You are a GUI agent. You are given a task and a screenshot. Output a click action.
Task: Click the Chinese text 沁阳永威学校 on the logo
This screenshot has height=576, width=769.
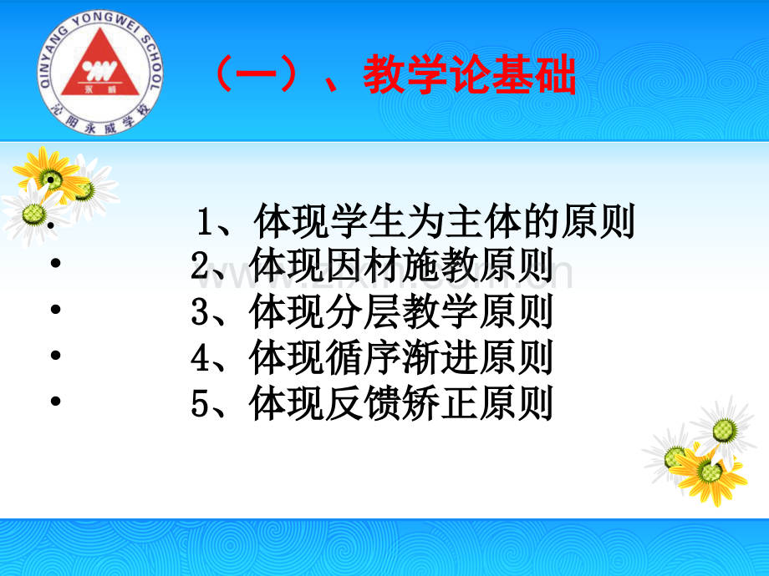pyautogui.click(x=100, y=121)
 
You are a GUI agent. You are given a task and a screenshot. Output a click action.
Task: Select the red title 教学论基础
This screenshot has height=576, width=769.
pyautogui.click(x=469, y=74)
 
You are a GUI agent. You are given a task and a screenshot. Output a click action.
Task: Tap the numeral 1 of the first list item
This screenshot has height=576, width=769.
pyautogui.click(x=205, y=222)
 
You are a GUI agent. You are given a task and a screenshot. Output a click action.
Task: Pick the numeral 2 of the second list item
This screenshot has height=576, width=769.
pyautogui.click(x=200, y=266)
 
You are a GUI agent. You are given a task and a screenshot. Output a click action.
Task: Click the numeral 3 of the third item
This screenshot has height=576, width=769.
pyautogui.click(x=200, y=311)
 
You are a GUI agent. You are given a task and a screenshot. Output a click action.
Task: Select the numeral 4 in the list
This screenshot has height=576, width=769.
pyautogui.click(x=201, y=357)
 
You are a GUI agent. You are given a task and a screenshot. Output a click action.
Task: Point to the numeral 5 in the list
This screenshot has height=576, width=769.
pyautogui.click(x=200, y=403)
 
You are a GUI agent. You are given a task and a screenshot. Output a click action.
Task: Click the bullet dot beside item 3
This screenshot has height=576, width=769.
pyautogui.click(x=55, y=309)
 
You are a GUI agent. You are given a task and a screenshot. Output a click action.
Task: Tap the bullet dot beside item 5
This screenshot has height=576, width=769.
pyautogui.click(x=55, y=401)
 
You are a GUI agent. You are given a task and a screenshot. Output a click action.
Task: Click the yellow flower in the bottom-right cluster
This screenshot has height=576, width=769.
pyautogui.click(x=710, y=473)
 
